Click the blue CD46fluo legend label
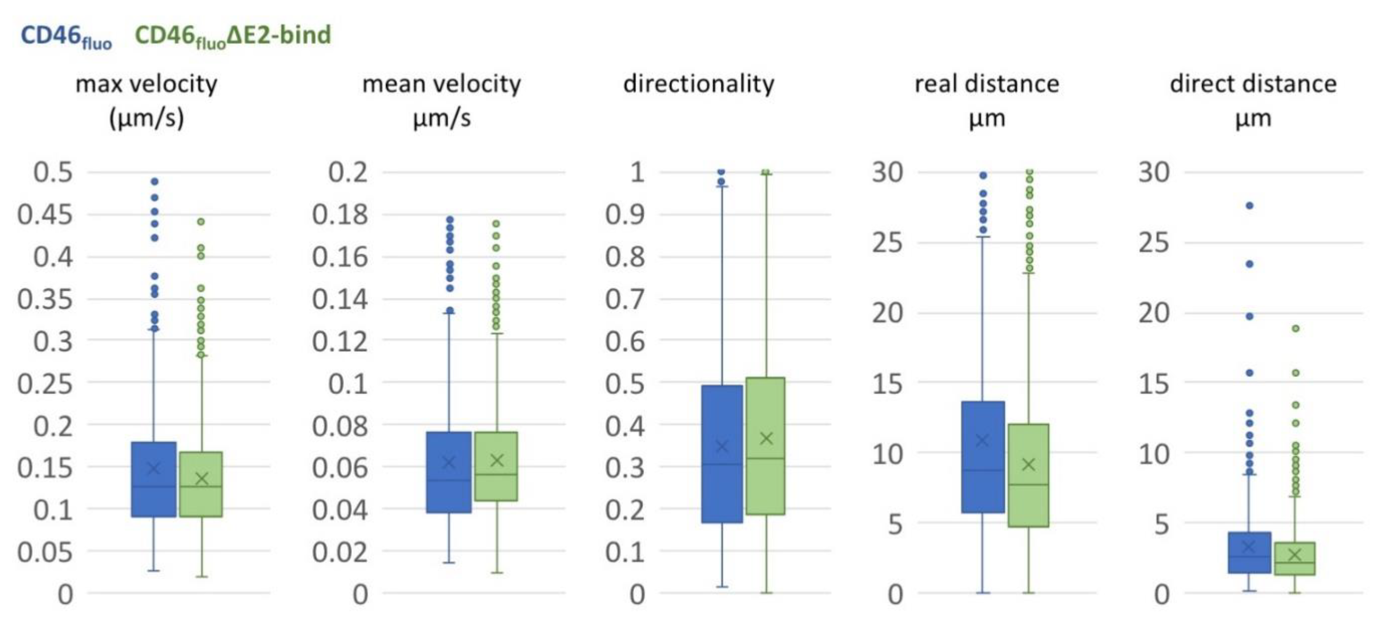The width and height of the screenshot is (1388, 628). point(66,36)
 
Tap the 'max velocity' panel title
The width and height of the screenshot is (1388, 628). point(147,84)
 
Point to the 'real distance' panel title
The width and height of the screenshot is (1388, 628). point(987,84)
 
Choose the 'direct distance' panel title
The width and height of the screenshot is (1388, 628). point(1253,84)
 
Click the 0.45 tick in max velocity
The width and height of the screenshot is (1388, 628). point(45,214)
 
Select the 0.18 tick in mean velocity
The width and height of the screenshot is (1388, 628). point(340,214)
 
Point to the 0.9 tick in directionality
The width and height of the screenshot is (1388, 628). point(625,214)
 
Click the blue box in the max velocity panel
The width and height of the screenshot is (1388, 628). point(154,479)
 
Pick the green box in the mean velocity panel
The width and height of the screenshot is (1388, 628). point(496,466)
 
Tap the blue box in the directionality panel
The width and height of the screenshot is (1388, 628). point(722,454)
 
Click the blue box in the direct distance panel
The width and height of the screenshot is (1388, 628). point(1249,552)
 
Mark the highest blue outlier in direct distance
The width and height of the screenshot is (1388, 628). point(1249,205)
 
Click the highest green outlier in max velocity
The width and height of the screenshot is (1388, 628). point(201,221)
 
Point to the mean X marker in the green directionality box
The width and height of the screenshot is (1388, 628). point(766,438)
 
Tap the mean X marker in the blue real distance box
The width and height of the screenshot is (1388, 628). point(983,440)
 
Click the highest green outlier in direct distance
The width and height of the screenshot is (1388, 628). point(1296,328)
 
